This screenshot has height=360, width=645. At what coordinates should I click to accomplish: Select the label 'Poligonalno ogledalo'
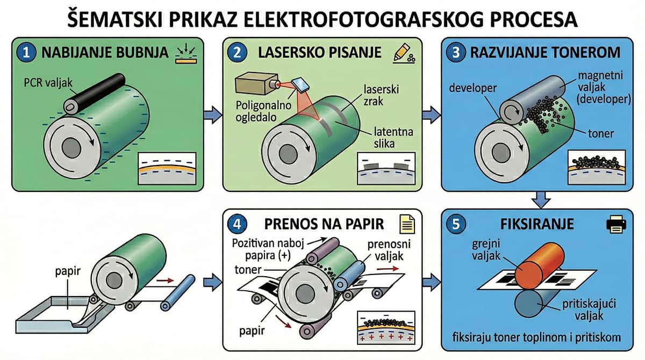[257, 110]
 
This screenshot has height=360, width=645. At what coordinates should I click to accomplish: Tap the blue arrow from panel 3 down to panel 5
[542, 200]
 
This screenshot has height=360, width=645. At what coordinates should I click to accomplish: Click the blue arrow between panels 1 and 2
[212, 113]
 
